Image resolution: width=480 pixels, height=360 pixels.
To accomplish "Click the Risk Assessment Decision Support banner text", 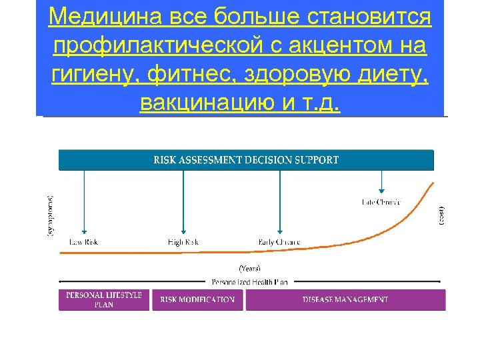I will point(246,160).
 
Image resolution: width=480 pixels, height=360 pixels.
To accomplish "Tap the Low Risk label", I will point(84,242).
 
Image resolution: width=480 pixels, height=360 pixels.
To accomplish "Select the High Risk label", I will point(183,242).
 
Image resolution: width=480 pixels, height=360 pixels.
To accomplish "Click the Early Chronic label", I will point(279,242).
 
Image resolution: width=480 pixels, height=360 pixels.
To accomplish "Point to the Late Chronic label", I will point(381,201).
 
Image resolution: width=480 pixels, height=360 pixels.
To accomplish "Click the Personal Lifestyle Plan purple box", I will point(104,300).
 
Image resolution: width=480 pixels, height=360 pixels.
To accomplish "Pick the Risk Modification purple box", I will point(197,300).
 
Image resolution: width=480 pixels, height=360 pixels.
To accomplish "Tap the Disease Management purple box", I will point(345,300).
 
